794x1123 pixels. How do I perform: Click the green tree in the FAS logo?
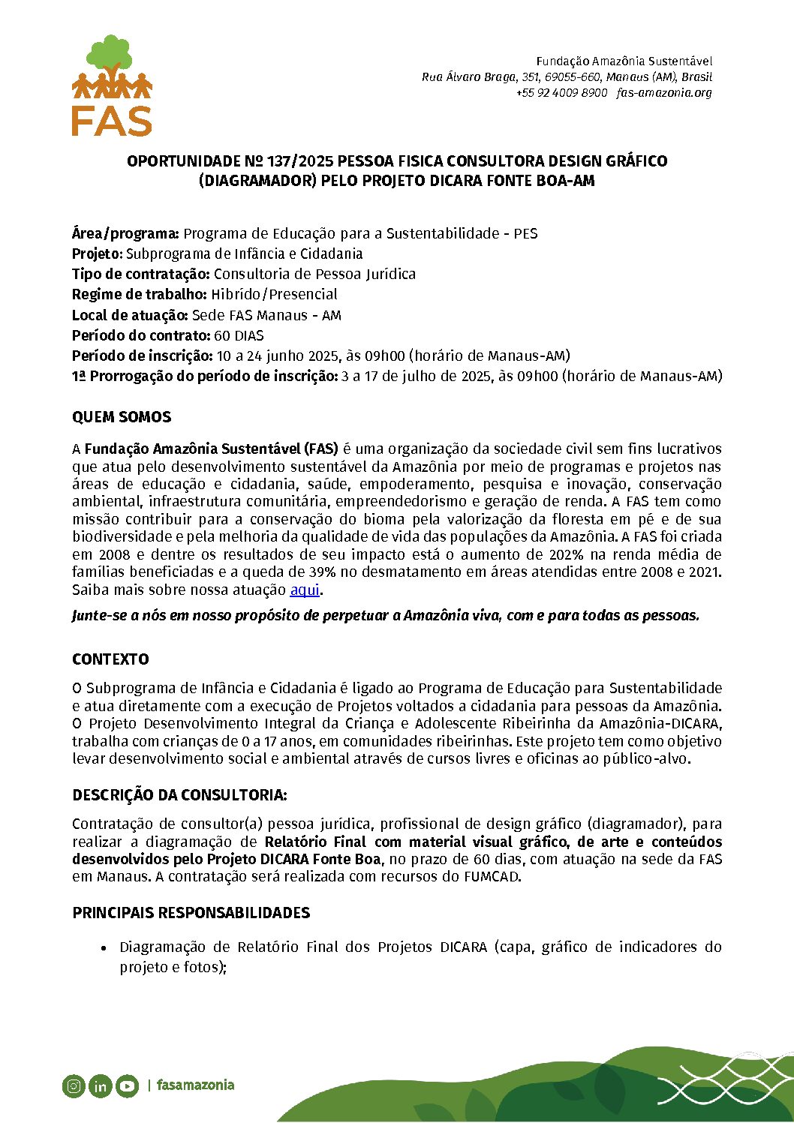pos(110,54)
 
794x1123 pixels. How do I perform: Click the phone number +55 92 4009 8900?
pos(561,93)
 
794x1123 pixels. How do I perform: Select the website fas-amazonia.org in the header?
pos(664,93)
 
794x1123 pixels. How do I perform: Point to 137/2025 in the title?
pos(298,161)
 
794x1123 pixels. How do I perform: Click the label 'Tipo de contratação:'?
pos(140,274)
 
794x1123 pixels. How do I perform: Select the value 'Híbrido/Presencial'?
pos(274,294)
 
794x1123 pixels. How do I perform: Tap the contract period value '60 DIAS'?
pos(239,335)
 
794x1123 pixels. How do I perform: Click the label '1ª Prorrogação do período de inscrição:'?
pos(204,376)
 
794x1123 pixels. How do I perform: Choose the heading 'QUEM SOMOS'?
pos(122,417)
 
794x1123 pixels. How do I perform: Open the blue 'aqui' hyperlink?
pos(305,590)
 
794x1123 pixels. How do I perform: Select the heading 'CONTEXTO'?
pos(110,659)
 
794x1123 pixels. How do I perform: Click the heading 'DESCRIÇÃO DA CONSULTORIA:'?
pos(179,795)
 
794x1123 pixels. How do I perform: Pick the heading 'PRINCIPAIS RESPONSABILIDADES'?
pos(191,913)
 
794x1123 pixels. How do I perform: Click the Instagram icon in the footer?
pos(74,1085)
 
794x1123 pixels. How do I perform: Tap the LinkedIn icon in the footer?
pos(100,1085)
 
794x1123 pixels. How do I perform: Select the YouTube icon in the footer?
pos(127,1085)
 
